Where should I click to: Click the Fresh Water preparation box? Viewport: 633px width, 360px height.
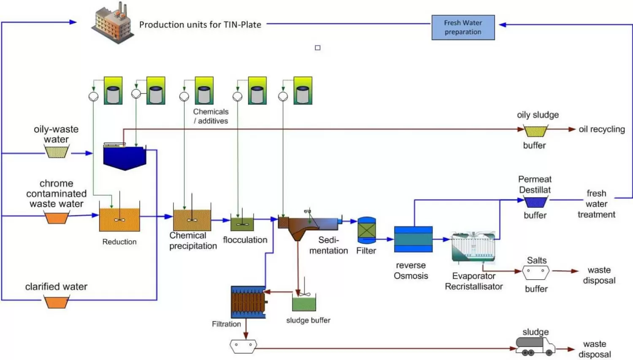coord(463,27)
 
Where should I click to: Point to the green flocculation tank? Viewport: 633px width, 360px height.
coord(242,223)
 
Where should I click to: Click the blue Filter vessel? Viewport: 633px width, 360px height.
coord(367,230)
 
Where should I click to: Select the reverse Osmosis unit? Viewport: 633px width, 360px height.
coord(413,239)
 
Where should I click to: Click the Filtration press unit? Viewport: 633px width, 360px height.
coord(249,302)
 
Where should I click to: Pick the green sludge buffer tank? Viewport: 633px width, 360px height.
coord(304,304)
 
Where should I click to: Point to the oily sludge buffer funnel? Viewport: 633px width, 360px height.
coord(536,131)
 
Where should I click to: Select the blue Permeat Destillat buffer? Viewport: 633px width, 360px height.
coord(536,202)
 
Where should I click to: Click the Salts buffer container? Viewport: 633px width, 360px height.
coord(536,273)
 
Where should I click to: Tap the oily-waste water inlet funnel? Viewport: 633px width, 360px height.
coord(57,152)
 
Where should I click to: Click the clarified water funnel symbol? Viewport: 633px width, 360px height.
coord(57,302)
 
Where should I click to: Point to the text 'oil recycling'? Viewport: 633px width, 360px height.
coord(601,129)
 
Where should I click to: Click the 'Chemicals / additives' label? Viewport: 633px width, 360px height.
coord(211,116)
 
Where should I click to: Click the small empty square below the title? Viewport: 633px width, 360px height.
coord(318,48)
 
